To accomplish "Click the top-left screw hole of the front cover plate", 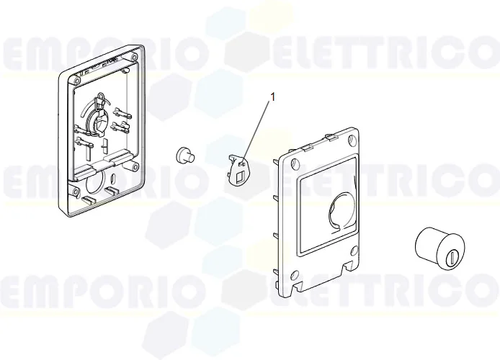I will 290,163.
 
